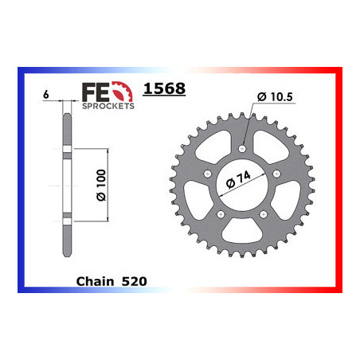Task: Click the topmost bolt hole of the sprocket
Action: click(241, 147)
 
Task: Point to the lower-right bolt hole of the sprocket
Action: click(263, 213)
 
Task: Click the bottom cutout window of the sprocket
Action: click(241, 233)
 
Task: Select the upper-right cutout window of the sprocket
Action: click(272, 144)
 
